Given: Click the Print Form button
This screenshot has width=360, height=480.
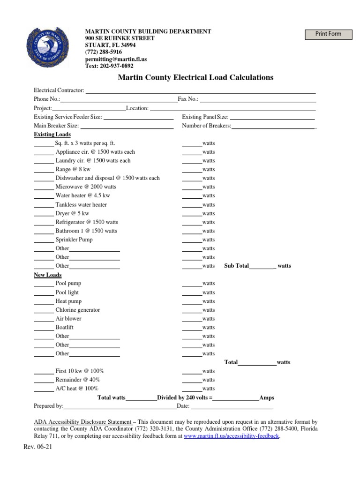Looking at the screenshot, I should point(328,34).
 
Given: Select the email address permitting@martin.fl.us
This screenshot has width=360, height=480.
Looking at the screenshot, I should point(116,60).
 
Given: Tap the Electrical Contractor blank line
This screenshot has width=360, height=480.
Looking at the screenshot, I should point(200,90).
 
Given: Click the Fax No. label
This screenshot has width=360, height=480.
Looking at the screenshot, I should point(188,99).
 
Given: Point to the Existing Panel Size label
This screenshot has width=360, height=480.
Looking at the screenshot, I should point(205,117).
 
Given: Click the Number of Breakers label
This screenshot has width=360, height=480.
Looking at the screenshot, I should point(206,126).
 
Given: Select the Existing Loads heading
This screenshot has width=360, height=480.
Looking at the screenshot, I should point(52,135).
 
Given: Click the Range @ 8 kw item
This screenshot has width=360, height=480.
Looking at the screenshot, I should point(73,169).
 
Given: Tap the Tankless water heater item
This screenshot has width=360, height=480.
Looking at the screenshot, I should point(81,204).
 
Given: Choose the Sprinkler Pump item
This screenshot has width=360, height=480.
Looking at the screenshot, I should point(74,240).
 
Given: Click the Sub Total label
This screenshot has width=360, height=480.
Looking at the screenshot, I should point(237,266).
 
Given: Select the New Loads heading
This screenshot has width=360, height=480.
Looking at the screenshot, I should point(48,275).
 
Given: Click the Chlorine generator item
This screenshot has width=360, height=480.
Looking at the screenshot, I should point(78,310).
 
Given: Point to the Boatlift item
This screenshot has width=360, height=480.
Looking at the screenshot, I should point(65,327).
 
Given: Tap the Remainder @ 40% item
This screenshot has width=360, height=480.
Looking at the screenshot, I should point(78,380).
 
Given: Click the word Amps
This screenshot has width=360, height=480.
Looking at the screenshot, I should point(267,397).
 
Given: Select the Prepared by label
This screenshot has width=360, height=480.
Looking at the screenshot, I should point(49,406).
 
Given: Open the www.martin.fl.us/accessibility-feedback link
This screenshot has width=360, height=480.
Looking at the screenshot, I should point(232,436).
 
